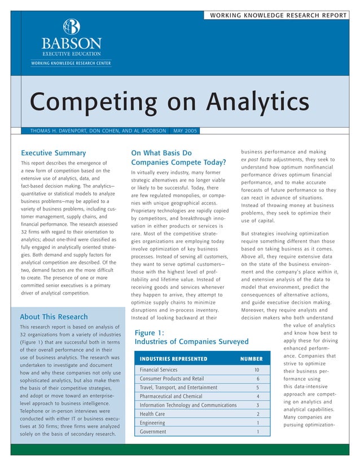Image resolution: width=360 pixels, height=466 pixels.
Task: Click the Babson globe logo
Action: (72, 27)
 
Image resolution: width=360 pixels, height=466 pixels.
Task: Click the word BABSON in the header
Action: (72, 43)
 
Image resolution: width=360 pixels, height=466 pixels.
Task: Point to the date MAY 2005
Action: (185, 131)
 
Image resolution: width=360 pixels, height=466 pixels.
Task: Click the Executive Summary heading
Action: (53, 153)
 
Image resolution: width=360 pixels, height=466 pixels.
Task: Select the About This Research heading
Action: (54, 316)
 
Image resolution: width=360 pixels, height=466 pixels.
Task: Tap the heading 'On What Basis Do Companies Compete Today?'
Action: (178, 158)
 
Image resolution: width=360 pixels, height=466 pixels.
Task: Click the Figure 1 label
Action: (150, 333)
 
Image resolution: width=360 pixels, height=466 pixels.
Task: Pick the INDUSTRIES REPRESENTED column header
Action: (173, 359)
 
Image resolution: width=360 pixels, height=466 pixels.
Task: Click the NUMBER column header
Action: (251, 359)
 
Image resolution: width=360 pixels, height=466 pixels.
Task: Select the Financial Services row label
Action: (159, 370)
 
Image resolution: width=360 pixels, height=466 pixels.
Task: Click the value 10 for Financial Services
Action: (257, 370)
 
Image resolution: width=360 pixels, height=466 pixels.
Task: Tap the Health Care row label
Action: (152, 414)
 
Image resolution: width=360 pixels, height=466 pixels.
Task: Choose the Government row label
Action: (153, 432)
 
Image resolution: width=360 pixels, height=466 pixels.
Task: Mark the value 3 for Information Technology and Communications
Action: (258, 405)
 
